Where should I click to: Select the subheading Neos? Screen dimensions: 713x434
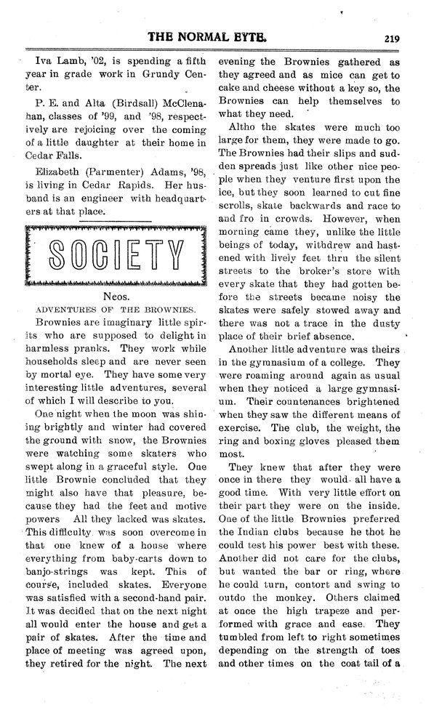coord(116,299)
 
